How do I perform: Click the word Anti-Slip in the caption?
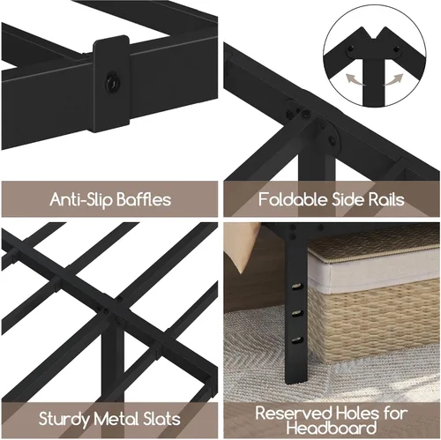(x=81, y=199)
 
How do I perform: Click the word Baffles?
(x=144, y=199)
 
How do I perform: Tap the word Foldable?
(x=293, y=199)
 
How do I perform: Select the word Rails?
(x=386, y=199)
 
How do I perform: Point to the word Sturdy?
(x=64, y=419)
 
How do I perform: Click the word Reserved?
(x=294, y=413)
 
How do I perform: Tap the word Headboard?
(x=332, y=428)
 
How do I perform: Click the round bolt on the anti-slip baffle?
(x=111, y=82)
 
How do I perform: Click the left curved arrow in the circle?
(x=355, y=79)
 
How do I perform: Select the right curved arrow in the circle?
(x=393, y=79)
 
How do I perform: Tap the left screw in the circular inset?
(x=349, y=48)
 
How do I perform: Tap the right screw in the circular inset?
(x=396, y=48)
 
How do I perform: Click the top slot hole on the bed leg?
(x=297, y=287)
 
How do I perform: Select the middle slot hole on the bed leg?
(x=297, y=313)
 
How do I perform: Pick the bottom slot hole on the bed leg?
(x=297, y=340)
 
